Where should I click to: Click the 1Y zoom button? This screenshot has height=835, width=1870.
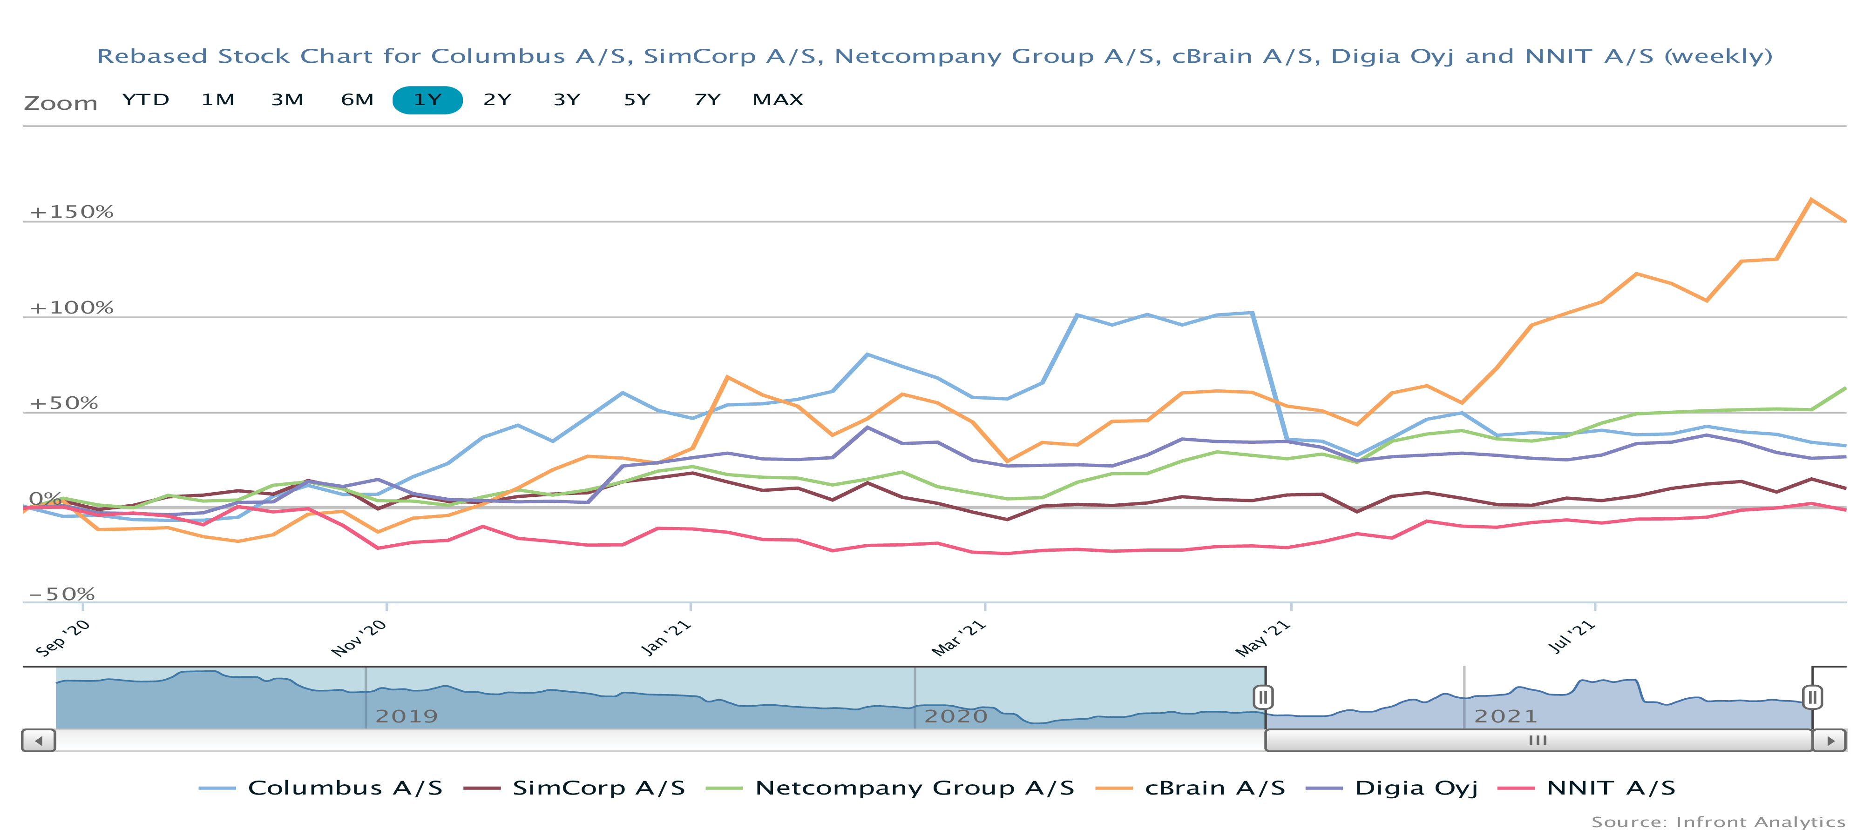pyautogui.click(x=427, y=100)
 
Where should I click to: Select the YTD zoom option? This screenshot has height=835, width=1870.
pyautogui.click(x=145, y=100)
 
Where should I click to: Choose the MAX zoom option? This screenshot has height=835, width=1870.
pyautogui.click(x=778, y=100)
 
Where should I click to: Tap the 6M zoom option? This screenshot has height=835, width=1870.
pyautogui.click(x=357, y=100)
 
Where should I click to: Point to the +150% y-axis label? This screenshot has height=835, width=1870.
pyautogui.click(x=71, y=212)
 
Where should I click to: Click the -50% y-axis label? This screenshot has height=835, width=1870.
pyautogui.click(x=62, y=594)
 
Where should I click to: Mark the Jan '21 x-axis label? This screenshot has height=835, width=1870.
pyautogui.click(x=666, y=638)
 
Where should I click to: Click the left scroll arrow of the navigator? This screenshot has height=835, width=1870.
pyautogui.click(x=39, y=741)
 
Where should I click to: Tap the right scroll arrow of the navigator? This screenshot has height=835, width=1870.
pyautogui.click(x=1830, y=741)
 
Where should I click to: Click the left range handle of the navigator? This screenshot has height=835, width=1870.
pyautogui.click(x=1263, y=697)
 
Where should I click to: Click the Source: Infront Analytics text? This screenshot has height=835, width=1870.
pyautogui.click(x=1718, y=822)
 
